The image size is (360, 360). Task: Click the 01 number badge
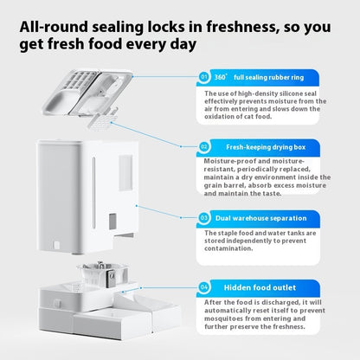[204, 77]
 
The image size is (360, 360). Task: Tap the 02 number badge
[204, 146]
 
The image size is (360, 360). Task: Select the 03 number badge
[204, 217]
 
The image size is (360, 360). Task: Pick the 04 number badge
[204, 287]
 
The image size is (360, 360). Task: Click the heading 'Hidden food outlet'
[260, 287]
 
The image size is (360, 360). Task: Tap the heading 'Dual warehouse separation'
[261, 218]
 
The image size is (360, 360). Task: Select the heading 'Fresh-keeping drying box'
[266, 147]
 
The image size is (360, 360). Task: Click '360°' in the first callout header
[221, 77]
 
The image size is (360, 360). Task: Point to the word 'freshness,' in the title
[242, 27]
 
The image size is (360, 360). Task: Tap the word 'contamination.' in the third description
[228, 248]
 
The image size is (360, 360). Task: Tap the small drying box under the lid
[101, 120]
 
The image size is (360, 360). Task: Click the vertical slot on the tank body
[93, 193]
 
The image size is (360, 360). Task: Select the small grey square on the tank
[112, 222]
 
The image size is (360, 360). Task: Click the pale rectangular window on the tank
[125, 173]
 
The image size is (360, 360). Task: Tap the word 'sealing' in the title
[118, 28]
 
